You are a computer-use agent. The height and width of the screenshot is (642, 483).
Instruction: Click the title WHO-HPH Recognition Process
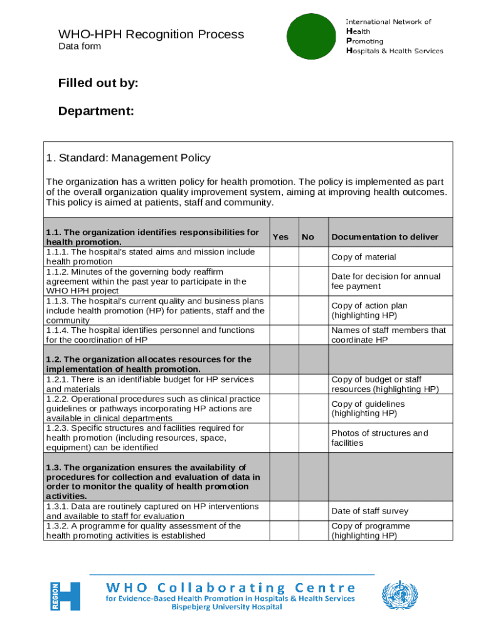click(x=151, y=34)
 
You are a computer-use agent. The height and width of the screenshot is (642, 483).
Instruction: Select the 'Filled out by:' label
click(x=98, y=84)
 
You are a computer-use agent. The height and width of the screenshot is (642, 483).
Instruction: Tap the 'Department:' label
click(x=96, y=112)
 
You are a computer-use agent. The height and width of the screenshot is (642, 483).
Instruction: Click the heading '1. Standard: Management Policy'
click(x=129, y=158)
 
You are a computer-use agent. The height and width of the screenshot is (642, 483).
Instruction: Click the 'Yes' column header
click(x=281, y=237)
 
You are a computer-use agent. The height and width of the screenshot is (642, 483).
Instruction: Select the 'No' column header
click(x=308, y=237)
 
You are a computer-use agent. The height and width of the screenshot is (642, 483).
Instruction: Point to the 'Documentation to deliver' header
click(x=385, y=237)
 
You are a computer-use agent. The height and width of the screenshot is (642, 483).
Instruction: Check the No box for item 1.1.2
click(x=313, y=282)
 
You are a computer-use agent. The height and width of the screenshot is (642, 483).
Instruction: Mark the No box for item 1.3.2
click(x=313, y=531)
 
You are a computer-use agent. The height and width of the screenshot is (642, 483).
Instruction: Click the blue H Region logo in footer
click(x=65, y=596)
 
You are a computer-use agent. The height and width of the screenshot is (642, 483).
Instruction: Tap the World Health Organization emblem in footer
click(x=400, y=596)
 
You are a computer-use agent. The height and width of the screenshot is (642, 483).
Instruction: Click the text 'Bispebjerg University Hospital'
click(x=231, y=608)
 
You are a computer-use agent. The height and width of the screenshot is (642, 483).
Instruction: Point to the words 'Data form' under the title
click(x=80, y=46)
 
